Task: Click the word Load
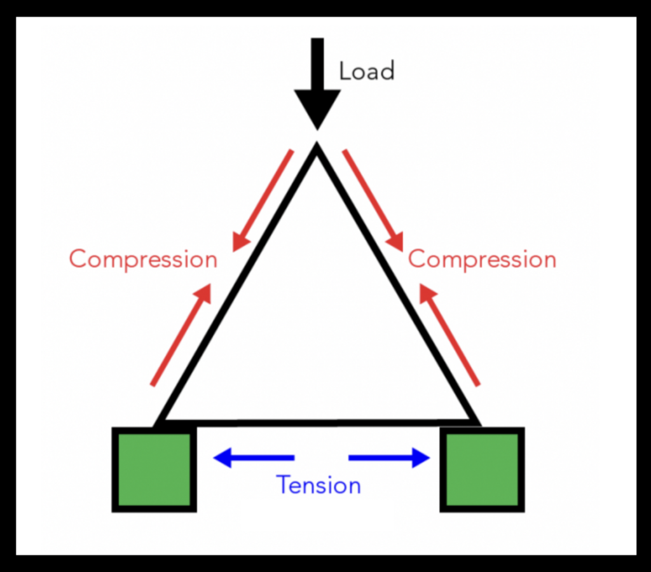point(367,71)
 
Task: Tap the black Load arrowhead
point(317,108)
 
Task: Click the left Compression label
point(143,259)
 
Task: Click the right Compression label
point(482,260)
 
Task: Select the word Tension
point(319,485)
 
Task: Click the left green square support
point(154,470)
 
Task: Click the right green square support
point(482,470)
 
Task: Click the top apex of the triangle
point(317,150)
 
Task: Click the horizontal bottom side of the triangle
point(318,422)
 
